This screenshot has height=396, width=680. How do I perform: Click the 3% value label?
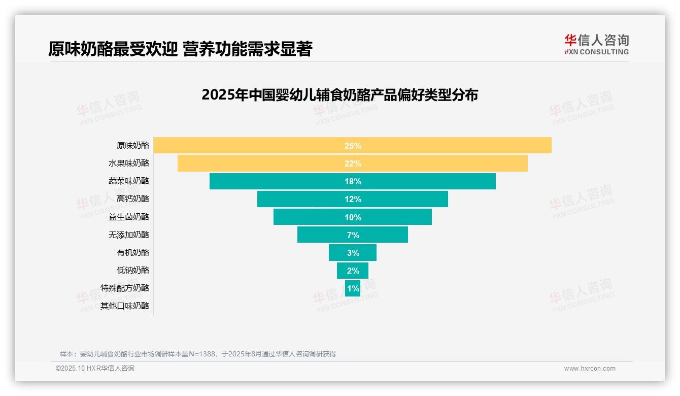(353, 253)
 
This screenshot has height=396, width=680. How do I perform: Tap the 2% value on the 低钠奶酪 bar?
(353, 271)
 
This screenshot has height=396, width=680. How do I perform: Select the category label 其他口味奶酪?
(125, 306)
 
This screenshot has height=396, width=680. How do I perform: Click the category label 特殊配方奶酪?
(125, 288)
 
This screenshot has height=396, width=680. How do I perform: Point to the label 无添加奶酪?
(129, 235)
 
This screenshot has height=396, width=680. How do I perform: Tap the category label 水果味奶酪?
(129, 163)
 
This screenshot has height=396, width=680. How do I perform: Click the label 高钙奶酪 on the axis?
(133, 199)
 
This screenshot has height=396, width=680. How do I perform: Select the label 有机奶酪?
(133, 252)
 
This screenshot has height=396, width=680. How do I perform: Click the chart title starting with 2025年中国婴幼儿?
(339, 95)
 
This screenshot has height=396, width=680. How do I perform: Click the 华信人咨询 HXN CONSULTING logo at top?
(596, 44)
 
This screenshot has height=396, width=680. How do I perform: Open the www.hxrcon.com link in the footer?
(590, 369)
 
